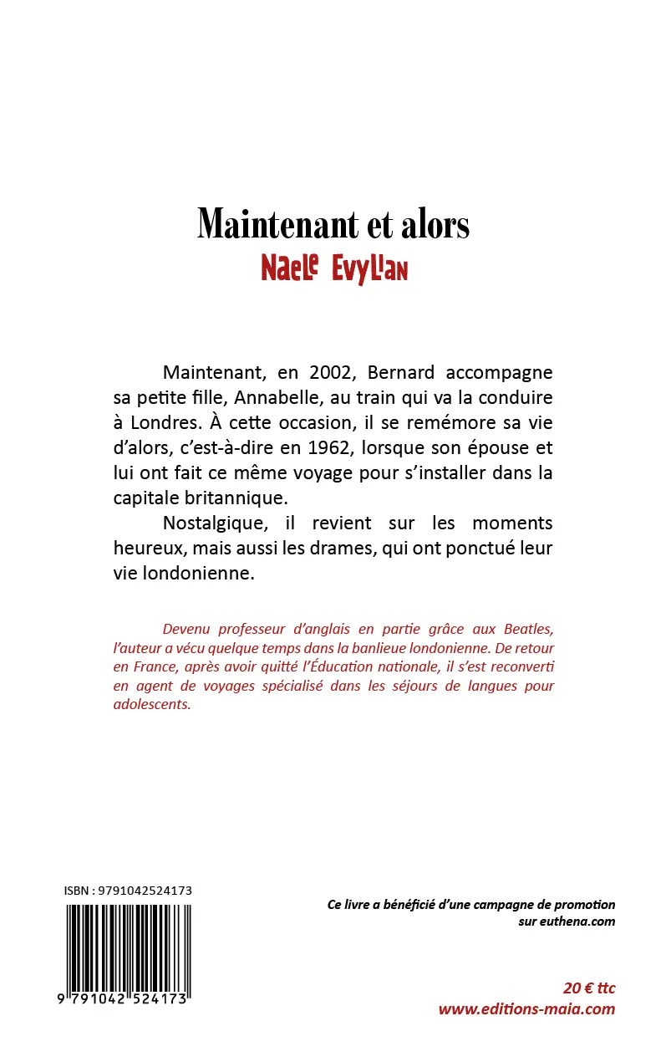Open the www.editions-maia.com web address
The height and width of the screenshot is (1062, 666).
[526, 1008]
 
